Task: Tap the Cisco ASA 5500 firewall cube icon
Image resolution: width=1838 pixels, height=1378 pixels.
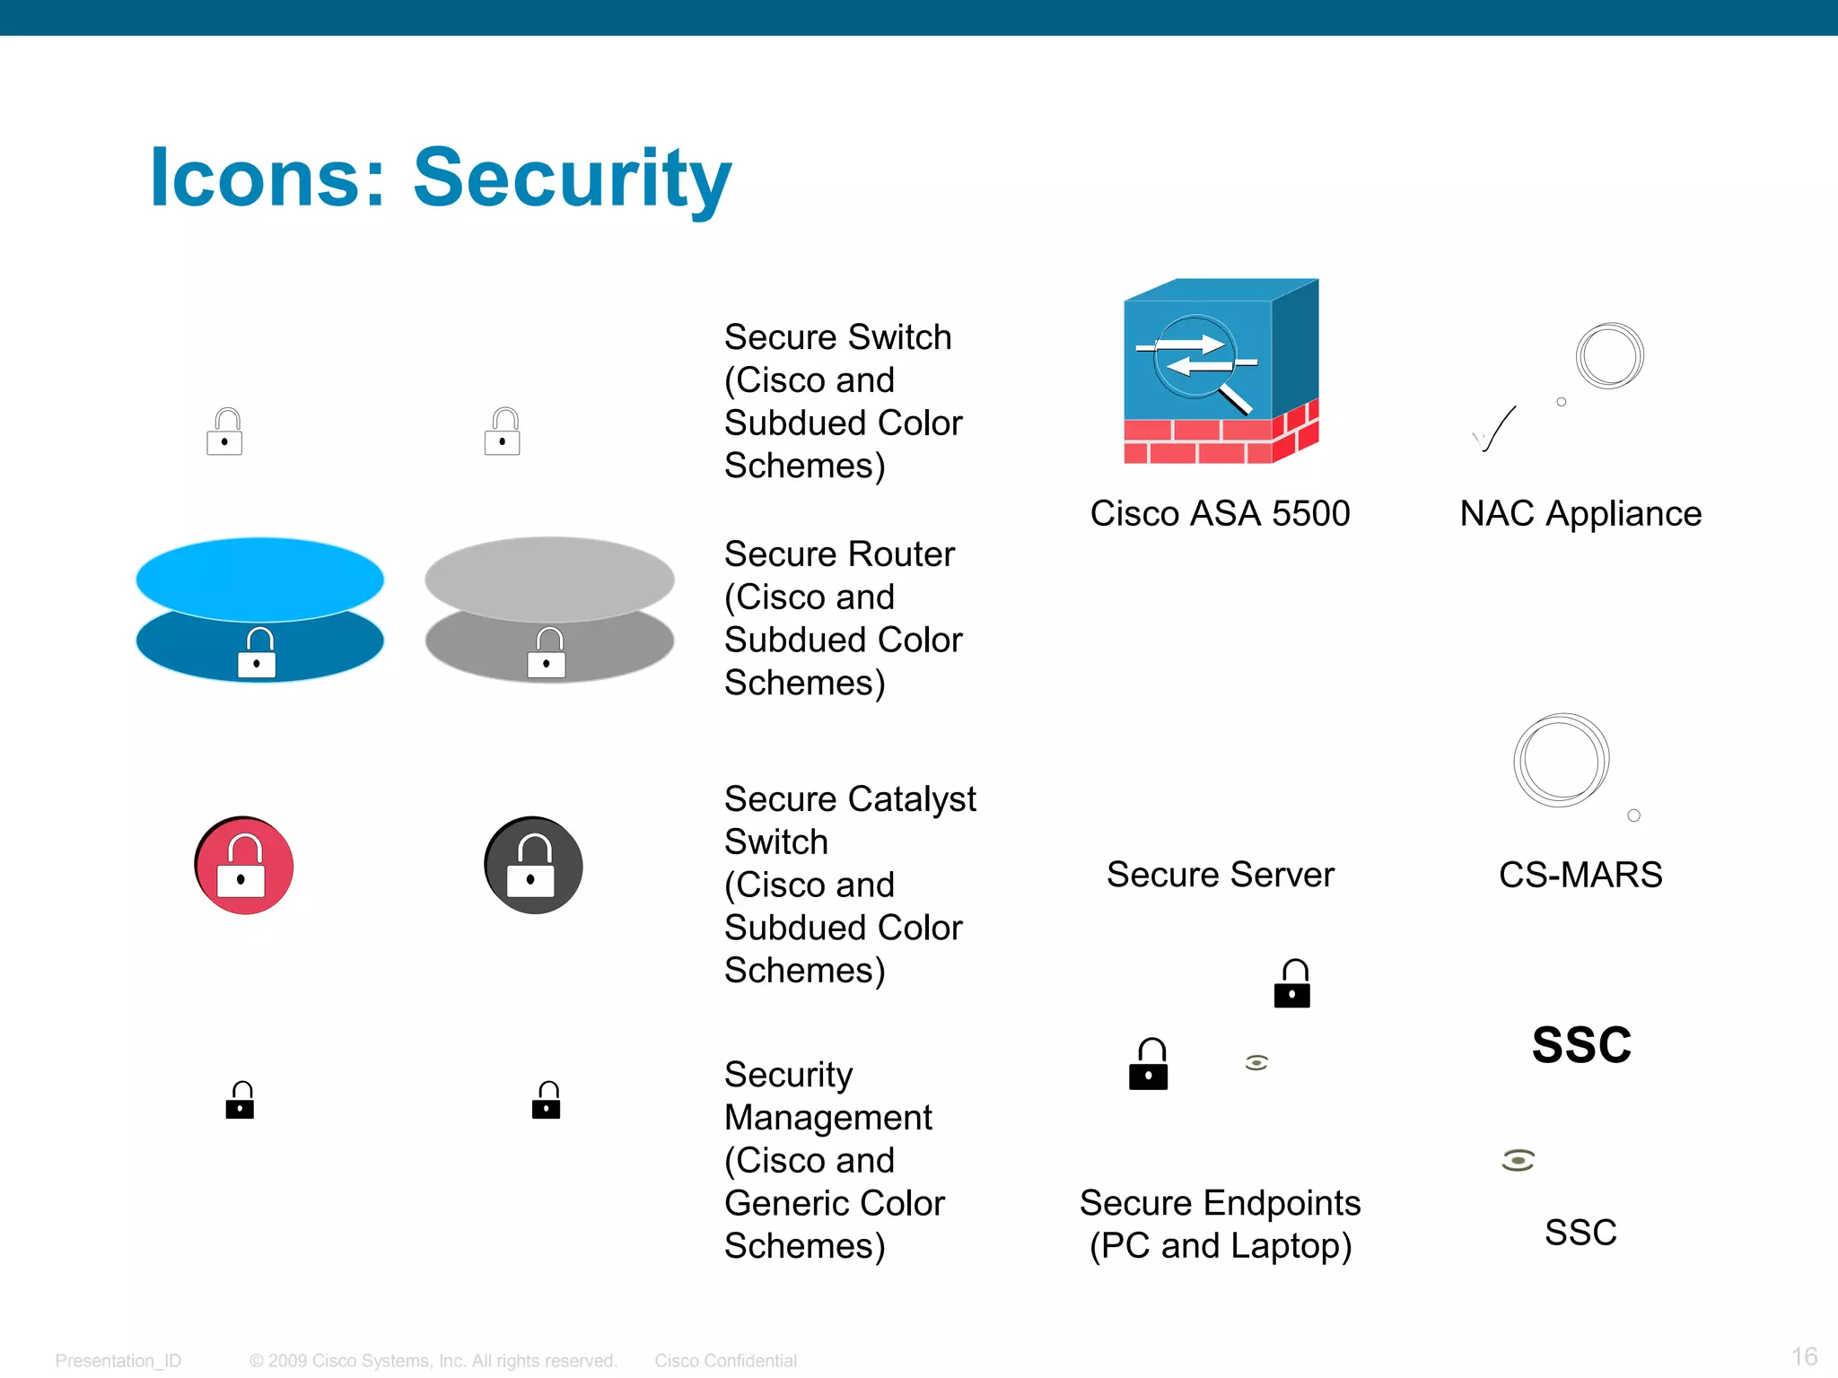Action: [x=1221, y=370]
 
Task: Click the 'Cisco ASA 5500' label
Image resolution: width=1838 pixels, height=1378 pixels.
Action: [x=1220, y=514]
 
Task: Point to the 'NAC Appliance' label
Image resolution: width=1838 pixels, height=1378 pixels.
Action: [x=1580, y=514]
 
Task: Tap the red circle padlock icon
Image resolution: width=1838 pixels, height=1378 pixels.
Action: [x=244, y=865]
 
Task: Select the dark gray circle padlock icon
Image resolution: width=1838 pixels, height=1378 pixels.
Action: [x=534, y=865]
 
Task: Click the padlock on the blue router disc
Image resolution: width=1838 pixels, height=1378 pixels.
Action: [x=257, y=653]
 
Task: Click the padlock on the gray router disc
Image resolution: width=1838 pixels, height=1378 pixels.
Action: [x=547, y=653]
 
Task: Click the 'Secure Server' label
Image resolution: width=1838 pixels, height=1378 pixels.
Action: [x=1220, y=875]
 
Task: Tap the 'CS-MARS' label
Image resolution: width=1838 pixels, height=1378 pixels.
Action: [x=1580, y=875]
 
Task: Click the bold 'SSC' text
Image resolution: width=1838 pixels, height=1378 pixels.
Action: [x=1581, y=1045]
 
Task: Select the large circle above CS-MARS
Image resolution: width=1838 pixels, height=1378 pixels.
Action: [x=1561, y=760]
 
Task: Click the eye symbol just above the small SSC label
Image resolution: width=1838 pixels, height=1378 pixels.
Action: [x=1518, y=1160]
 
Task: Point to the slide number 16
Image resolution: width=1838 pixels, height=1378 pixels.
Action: [x=1804, y=1356]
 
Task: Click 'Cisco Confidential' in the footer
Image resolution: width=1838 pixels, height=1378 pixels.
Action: [x=725, y=1361]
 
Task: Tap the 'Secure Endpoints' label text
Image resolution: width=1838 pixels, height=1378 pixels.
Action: [x=1220, y=1203]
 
